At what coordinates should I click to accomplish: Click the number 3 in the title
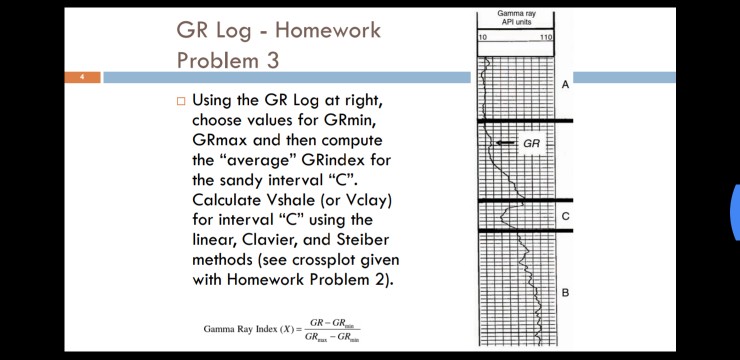(x=273, y=60)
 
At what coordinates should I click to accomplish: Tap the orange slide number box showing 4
(x=83, y=77)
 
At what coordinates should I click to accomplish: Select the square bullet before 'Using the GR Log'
(x=181, y=101)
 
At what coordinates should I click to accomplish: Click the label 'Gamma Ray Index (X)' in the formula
(x=250, y=329)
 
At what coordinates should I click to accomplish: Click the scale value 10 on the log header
(x=483, y=37)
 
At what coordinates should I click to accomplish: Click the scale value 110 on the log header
(x=545, y=37)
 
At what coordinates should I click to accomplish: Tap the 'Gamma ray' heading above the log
(x=516, y=13)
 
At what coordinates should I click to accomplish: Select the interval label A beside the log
(x=565, y=85)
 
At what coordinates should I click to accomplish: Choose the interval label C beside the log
(x=565, y=216)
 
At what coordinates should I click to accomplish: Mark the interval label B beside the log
(x=565, y=292)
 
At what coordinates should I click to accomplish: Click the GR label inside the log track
(x=531, y=144)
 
